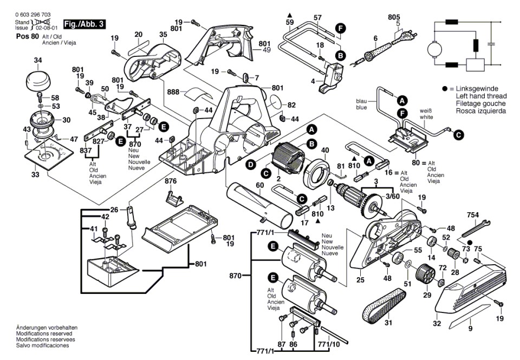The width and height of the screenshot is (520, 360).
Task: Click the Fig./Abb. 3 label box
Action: (84, 24)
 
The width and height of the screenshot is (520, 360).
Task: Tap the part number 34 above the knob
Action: (37, 60)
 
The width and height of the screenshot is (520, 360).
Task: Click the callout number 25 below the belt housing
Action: (360, 280)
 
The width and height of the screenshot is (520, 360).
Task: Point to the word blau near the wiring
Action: (361, 101)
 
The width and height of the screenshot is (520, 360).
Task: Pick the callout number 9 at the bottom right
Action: (470, 328)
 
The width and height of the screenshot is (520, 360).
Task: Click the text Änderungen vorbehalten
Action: (47, 328)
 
